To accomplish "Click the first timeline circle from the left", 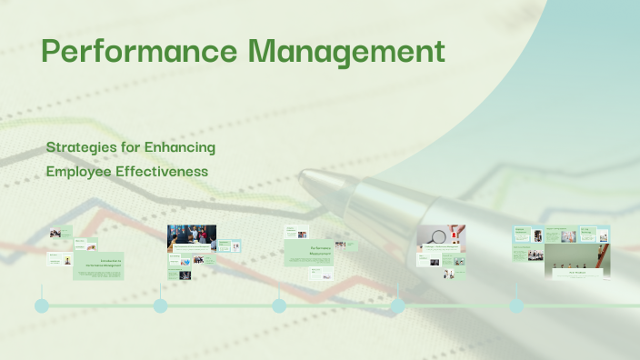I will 41,305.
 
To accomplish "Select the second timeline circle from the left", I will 160,305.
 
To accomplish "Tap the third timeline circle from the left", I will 278,305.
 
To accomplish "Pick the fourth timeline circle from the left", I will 397,305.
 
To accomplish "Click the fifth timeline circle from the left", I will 515,305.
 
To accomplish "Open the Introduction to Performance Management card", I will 97,265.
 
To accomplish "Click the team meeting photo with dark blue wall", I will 191,238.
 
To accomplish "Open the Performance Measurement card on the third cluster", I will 308,252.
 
